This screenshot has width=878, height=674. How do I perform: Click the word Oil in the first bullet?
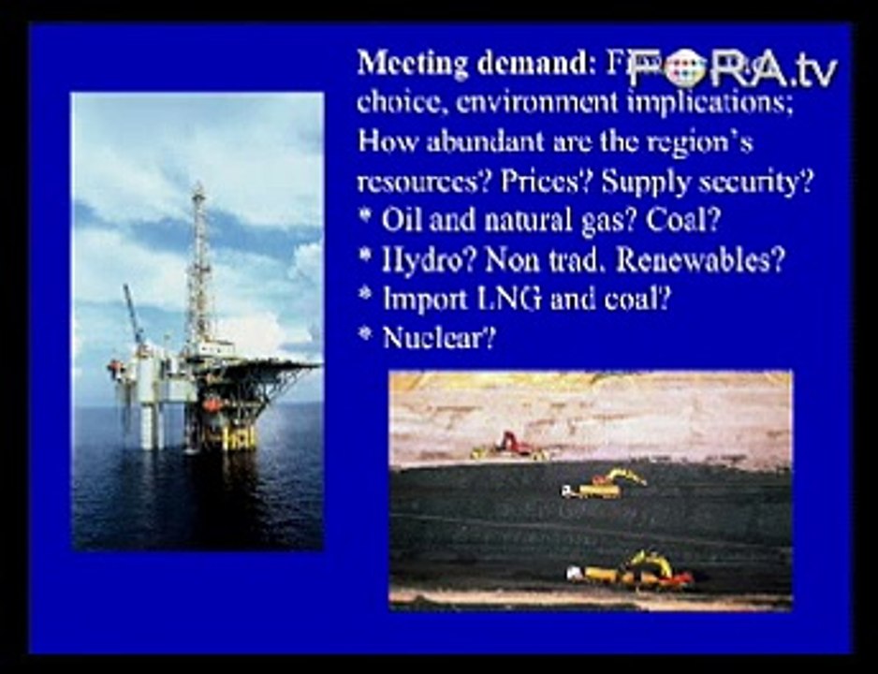(x=400, y=222)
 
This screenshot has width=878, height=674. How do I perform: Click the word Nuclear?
(x=438, y=338)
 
